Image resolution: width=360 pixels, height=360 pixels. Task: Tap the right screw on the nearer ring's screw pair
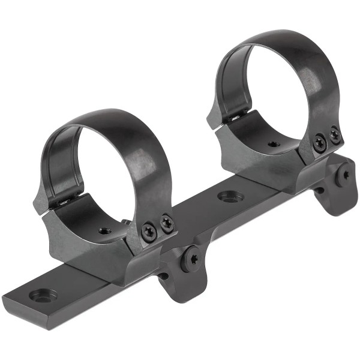tap(166, 223)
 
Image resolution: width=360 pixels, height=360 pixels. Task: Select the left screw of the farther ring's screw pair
tap(320, 142)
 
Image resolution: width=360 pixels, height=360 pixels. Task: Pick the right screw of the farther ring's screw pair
tap(335, 136)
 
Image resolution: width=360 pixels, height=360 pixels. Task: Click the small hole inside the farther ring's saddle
tap(273, 144)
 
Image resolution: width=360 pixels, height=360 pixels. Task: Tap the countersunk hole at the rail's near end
tap(43, 295)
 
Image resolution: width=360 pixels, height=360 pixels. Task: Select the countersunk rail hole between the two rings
tap(230, 196)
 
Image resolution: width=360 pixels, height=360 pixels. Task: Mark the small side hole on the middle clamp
tap(163, 276)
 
